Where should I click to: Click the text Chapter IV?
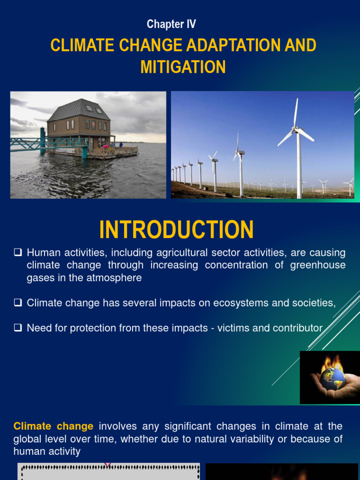click(171, 24)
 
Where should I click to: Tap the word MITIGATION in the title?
click(183, 67)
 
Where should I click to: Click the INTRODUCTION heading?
click(176, 230)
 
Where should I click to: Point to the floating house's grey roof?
click(79, 111)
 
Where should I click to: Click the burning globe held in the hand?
click(332, 377)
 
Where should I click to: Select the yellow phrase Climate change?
click(53, 426)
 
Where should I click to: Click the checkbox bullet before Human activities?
click(18, 253)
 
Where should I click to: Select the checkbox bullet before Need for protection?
click(18, 328)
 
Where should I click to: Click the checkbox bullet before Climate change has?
click(18, 303)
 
